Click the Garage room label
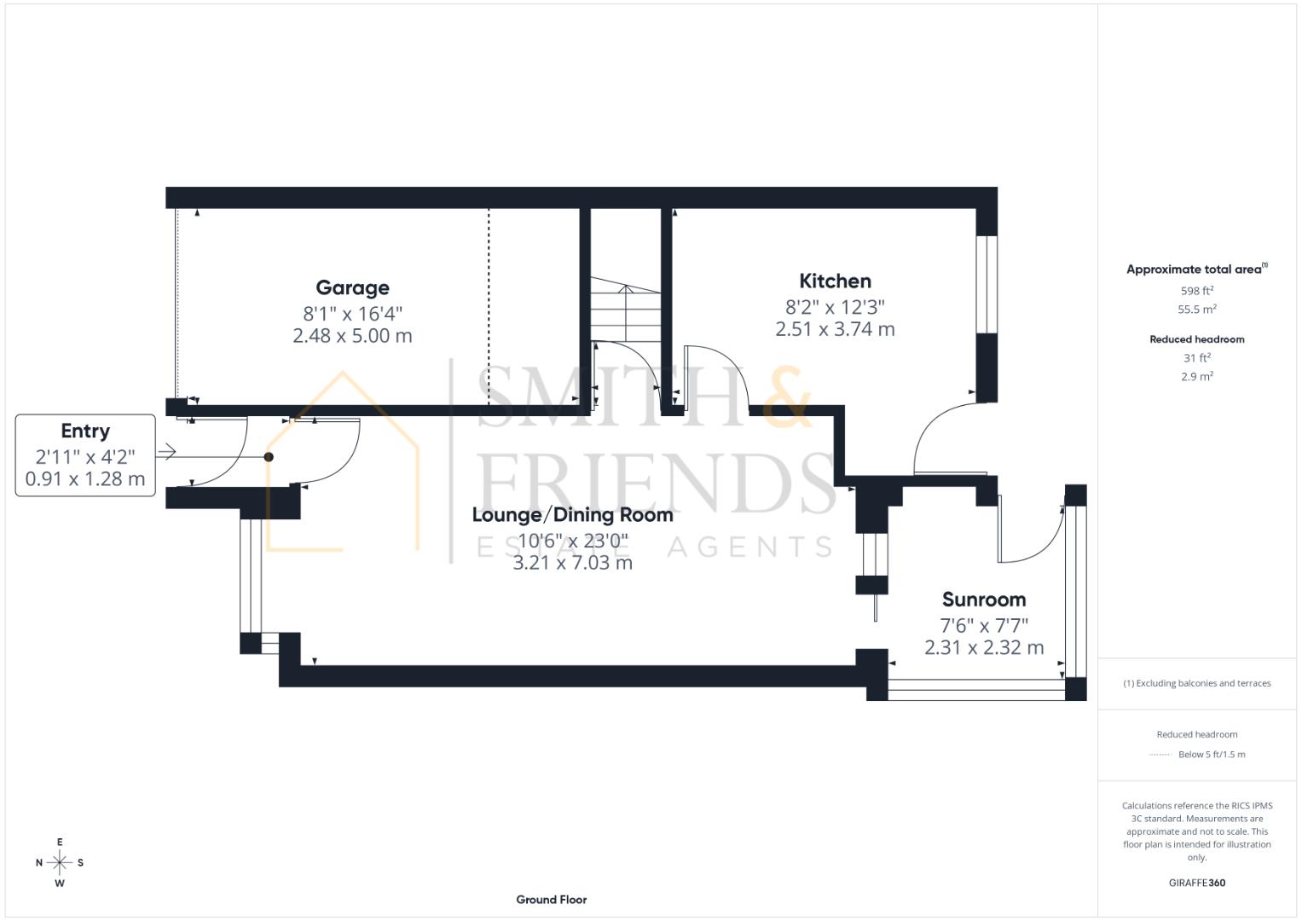pyautogui.click(x=352, y=288)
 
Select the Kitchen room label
pyautogui.click(x=835, y=281)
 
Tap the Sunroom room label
pyautogui.click(x=983, y=600)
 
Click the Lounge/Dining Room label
pyautogui.click(x=572, y=515)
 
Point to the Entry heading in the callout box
pyautogui.click(x=85, y=432)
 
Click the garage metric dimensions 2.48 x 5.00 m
pyautogui.click(x=352, y=336)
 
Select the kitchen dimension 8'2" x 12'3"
pyautogui.click(x=835, y=306)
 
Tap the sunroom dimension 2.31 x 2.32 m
pyautogui.click(x=983, y=648)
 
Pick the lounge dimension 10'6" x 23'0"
pyautogui.click(x=572, y=540)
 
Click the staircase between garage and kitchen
pyautogui.click(x=626, y=311)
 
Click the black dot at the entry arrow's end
pyautogui.click(x=269, y=457)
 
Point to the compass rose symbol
pyautogui.click(x=60, y=863)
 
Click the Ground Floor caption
pyautogui.click(x=551, y=900)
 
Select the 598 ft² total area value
pyautogui.click(x=1196, y=291)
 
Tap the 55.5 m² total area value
pyautogui.click(x=1196, y=310)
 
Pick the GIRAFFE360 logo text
pyautogui.click(x=1196, y=883)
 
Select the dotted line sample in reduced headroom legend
pyautogui.click(x=1160, y=755)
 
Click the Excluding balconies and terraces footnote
pyautogui.click(x=1196, y=683)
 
